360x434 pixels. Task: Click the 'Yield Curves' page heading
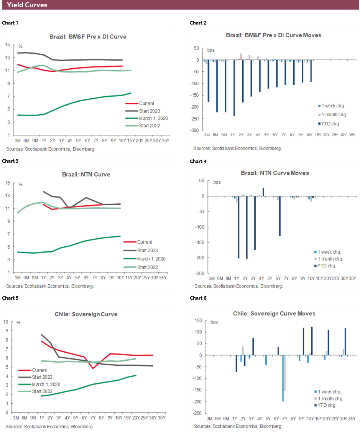click(x=27, y=5)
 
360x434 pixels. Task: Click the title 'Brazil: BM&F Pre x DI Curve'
click(x=88, y=37)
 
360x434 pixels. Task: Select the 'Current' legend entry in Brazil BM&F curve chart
click(x=147, y=103)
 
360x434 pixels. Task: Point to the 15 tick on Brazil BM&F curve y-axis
click(x=7, y=45)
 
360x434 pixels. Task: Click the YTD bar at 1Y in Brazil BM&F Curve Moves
click(x=234, y=88)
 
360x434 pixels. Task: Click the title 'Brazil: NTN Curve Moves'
click(x=275, y=173)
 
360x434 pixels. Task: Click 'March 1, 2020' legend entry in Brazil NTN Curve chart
click(x=151, y=259)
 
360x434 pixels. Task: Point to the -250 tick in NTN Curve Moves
click(x=199, y=273)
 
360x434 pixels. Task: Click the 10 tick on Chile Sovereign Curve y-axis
click(x=6, y=321)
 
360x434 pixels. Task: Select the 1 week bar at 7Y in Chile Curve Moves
click(x=283, y=378)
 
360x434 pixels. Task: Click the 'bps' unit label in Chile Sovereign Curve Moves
click(x=214, y=322)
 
